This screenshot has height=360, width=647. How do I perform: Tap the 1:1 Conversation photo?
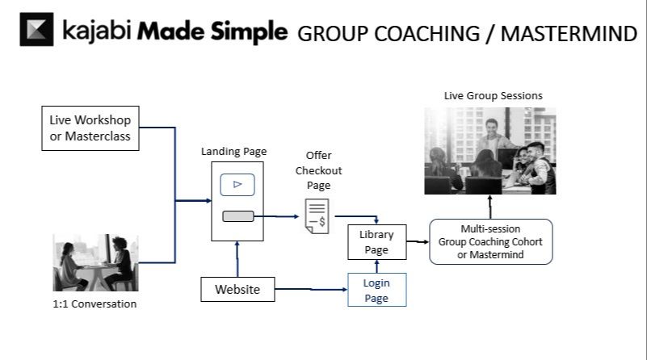pyautogui.click(x=95, y=262)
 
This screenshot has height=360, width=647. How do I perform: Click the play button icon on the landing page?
pyautogui.click(x=237, y=184)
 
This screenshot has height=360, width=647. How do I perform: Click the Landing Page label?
pyautogui.click(x=234, y=151)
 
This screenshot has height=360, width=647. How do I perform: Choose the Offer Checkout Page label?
pyautogui.click(x=318, y=170)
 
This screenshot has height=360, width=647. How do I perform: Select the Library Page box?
pyautogui.click(x=376, y=242)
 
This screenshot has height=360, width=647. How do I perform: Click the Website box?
pyautogui.click(x=237, y=289)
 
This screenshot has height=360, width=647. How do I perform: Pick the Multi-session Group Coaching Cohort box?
pyautogui.click(x=491, y=241)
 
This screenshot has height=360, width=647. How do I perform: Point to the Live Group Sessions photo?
pyautogui.click(x=491, y=151)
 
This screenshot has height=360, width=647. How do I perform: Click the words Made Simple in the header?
pyautogui.click(x=212, y=32)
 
